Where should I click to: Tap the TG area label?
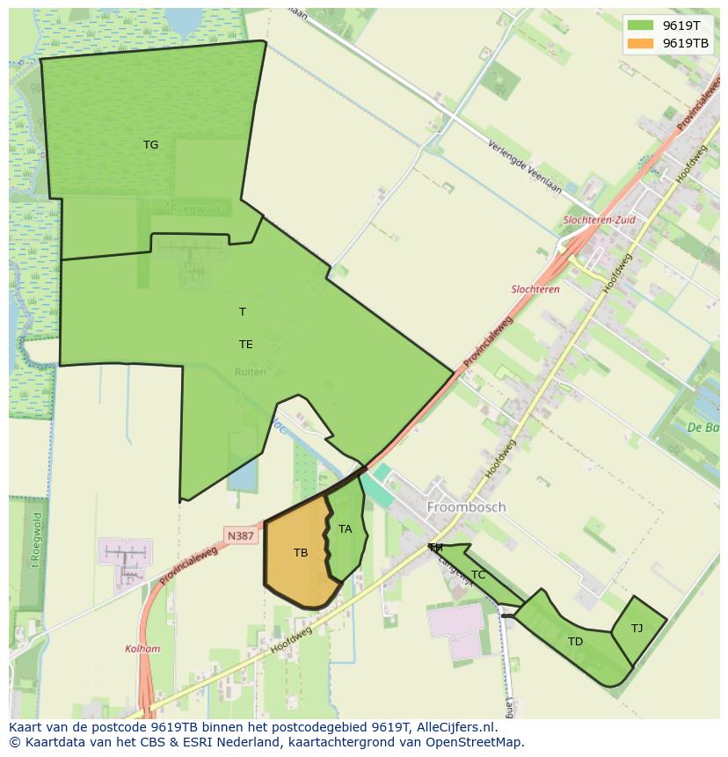click(151, 145)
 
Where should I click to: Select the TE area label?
click(246, 345)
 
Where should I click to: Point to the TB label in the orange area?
click(301, 553)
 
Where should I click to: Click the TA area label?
click(345, 529)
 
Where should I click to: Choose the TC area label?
click(478, 575)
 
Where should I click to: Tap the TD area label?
click(575, 642)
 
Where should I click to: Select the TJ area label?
click(637, 628)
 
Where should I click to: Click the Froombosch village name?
click(466, 507)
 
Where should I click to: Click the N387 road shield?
click(240, 535)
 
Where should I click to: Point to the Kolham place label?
click(142, 649)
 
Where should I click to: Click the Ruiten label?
click(250, 373)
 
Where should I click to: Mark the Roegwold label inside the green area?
click(193, 209)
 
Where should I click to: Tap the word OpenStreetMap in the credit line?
click(475, 742)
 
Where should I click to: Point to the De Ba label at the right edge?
click(704, 428)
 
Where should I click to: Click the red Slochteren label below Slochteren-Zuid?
click(535, 289)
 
